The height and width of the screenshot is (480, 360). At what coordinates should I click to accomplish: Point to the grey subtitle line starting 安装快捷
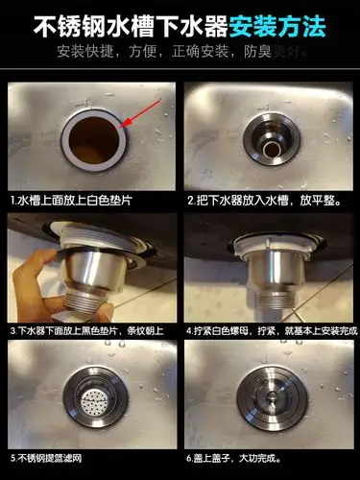(180, 49)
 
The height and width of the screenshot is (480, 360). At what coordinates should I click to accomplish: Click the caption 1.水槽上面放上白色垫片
(72, 202)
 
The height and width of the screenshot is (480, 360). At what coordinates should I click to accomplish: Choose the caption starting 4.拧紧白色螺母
(269, 328)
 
